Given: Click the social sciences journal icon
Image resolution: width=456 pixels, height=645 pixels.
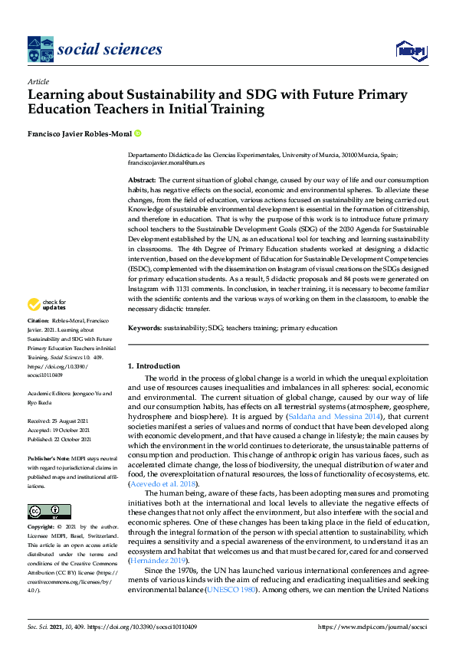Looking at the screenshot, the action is tap(40, 49).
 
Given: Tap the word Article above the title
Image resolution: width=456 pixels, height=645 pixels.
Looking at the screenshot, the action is tap(38, 82).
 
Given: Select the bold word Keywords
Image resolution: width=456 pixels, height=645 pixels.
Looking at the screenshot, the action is tap(144, 328).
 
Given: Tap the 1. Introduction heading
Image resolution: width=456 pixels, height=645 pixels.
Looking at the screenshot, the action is tap(153, 366).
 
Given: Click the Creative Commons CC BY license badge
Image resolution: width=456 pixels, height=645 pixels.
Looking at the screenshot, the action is tap(49, 511).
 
